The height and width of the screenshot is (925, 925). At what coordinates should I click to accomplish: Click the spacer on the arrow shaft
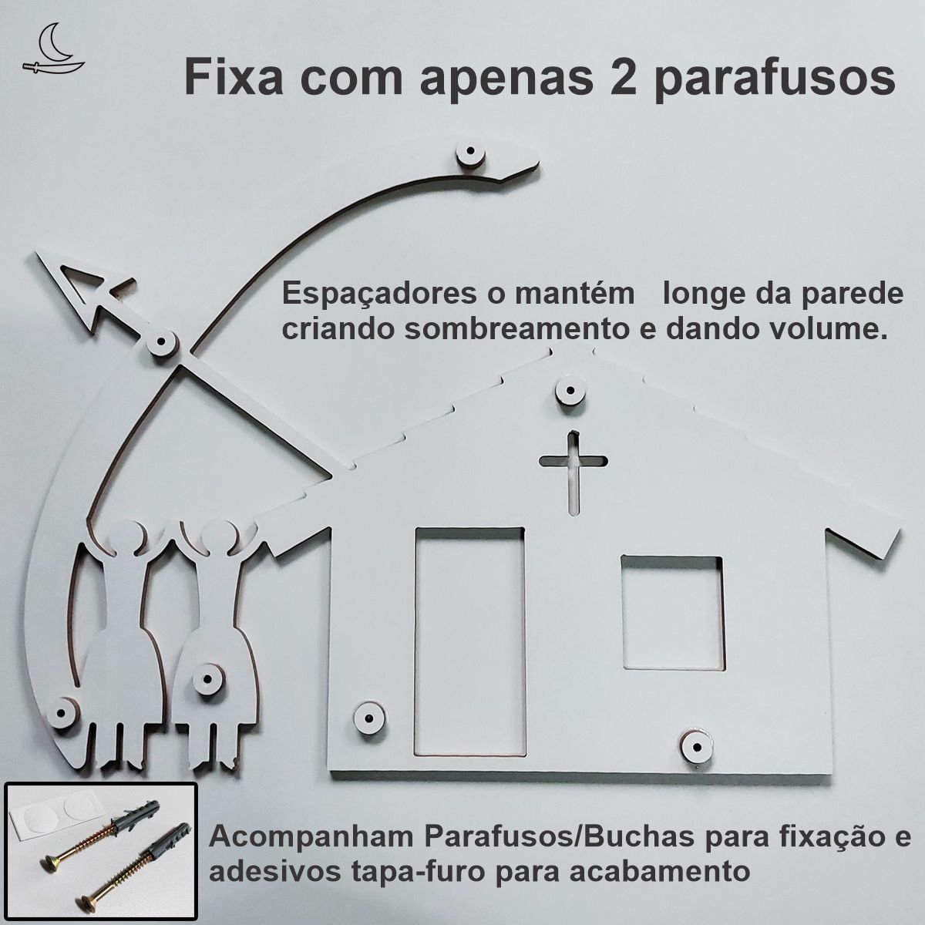[162, 341]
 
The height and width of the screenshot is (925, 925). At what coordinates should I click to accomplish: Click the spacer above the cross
[570, 391]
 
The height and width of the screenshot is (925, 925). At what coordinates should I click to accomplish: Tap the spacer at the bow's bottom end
[63, 712]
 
